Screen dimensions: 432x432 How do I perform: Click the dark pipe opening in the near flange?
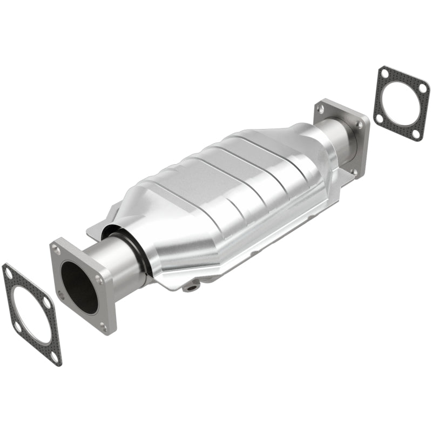[x=79, y=286]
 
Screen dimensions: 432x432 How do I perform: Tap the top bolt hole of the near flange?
[x=56, y=249]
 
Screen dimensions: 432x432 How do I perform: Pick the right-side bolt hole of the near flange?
[x=99, y=280]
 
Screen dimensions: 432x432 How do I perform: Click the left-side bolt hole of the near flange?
[x=60, y=295]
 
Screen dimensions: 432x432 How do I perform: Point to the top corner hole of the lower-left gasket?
[x=9, y=274]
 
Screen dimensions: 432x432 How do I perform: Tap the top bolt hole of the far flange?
[x=322, y=109]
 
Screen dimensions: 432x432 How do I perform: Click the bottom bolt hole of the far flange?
[x=354, y=171]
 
